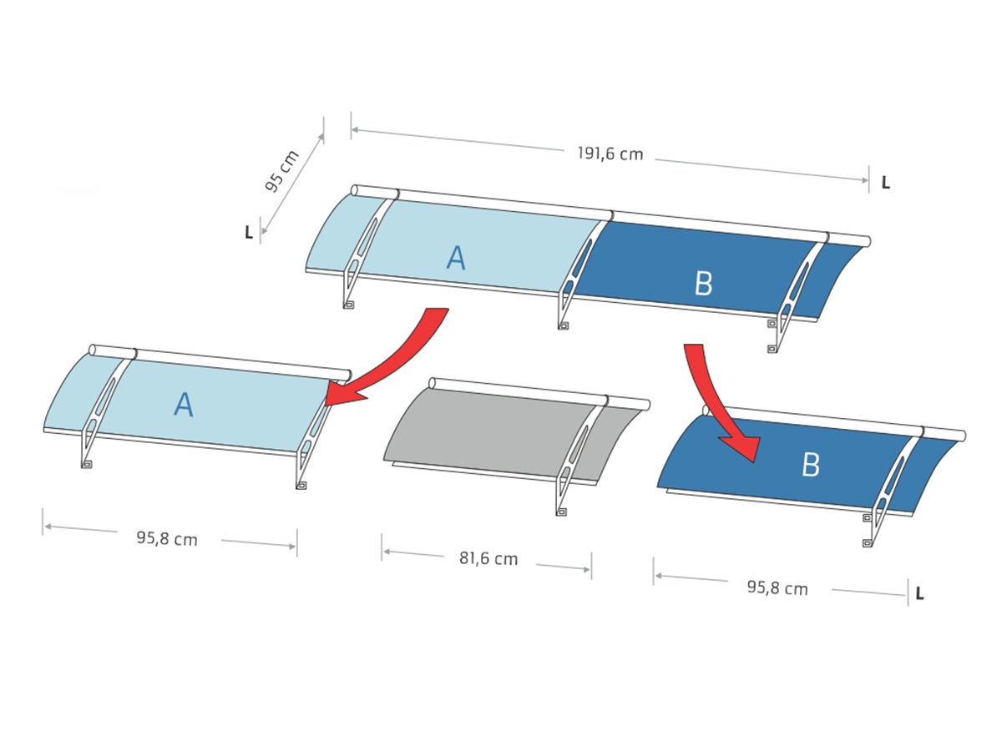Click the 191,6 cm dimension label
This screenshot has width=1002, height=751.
click(610, 154)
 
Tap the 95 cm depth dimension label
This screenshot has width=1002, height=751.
click(281, 170)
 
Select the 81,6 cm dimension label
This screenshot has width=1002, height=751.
click(488, 558)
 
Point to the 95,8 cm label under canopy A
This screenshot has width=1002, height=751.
click(167, 538)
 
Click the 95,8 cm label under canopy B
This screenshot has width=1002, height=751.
click(777, 588)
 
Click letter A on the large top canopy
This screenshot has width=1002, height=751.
click(456, 258)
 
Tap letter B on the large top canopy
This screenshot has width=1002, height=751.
click(703, 283)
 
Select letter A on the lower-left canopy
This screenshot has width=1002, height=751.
click(184, 404)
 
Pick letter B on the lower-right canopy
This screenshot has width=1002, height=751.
click(811, 465)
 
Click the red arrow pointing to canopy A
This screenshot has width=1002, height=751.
click(402, 360)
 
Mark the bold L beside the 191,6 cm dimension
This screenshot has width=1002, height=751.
click(886, 183)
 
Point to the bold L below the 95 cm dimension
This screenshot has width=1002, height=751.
click(249, 233)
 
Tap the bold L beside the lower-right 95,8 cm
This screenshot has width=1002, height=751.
click(920, 593)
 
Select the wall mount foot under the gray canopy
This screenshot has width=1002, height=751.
click(561, 512)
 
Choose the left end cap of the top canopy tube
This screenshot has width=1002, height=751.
click(354, 190)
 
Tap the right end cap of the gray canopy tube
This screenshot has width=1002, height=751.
click(646, 405)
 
